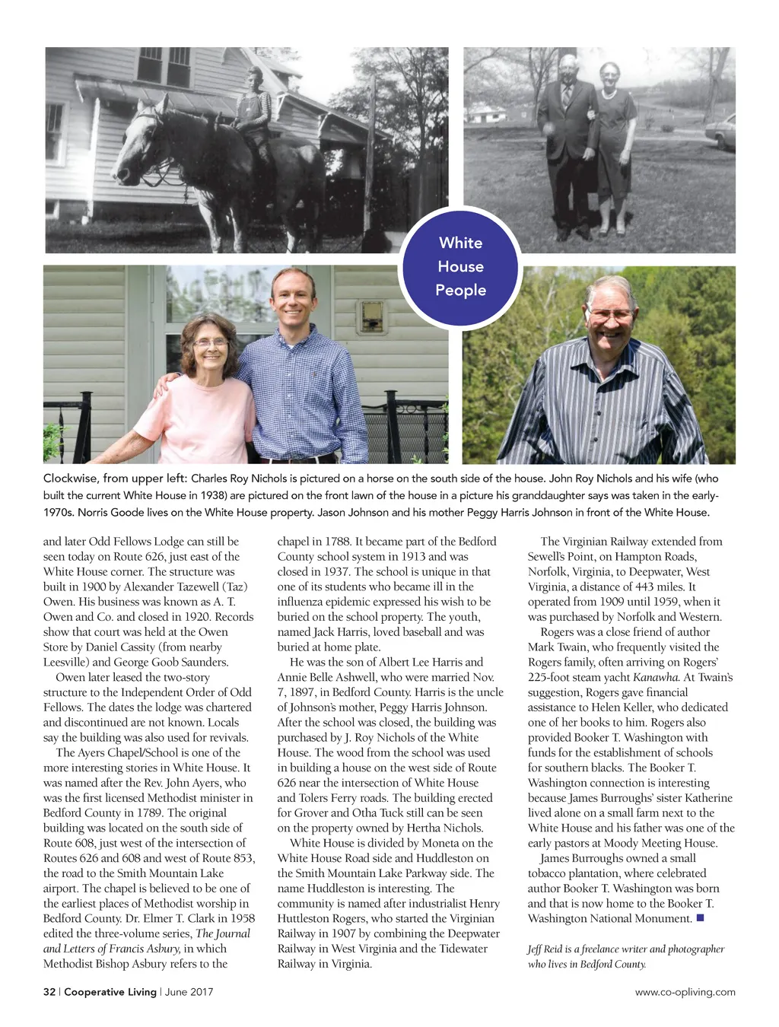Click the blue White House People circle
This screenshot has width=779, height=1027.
pyautogui.click(x=460, y=267)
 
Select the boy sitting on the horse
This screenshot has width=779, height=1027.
pyautogui.click(x=254, y=114)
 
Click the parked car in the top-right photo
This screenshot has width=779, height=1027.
pyautogui.click(x=722, y=131)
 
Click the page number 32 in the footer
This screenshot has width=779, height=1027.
pyautogui.click(x=49, y=992)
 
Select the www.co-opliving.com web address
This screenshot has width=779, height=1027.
pyautogui.click(x=685, y=992)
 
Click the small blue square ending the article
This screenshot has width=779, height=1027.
pyautogui.click(x=700, y=918)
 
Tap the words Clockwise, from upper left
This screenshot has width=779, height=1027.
pyautogui.click(x=114, y=479)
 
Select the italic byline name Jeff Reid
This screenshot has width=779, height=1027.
pyautogui.click(x=545, y=949)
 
